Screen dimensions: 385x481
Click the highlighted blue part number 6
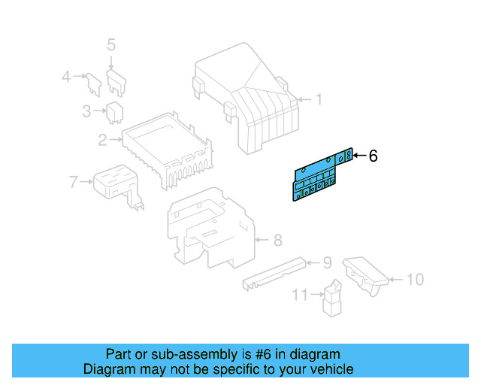316,177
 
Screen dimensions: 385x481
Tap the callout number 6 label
373,156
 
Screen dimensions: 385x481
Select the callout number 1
318,99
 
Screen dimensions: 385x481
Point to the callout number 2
101,139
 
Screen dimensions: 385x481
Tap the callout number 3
86,112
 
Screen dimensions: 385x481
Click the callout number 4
66,76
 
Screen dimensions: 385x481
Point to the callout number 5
111,44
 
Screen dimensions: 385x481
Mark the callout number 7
73,181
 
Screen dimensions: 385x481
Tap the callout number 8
277,241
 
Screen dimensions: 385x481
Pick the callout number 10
415,280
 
